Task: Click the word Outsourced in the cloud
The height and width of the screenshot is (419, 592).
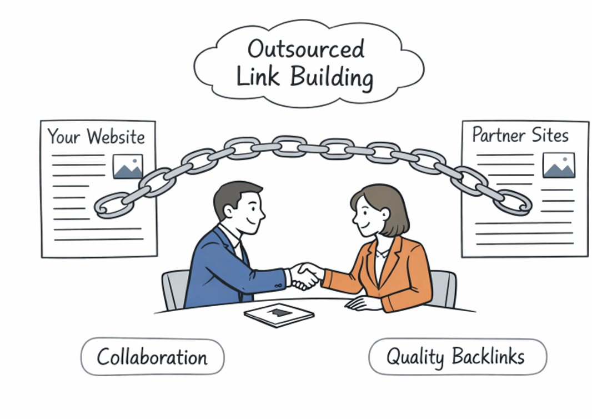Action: coord(306,49)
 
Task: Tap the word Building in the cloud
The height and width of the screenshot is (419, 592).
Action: coord(332,77)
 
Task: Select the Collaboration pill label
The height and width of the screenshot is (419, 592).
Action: coord(153,357)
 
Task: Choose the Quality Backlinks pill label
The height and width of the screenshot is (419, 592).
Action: coord(458,357)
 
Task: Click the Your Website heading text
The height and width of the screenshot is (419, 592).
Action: coord(96,136)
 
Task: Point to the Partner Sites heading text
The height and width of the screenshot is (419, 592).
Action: coord(520,135)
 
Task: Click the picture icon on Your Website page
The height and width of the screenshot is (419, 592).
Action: coord(128,166)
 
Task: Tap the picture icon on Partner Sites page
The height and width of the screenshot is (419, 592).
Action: coord(559,165)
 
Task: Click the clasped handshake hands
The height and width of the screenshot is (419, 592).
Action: coord(306,276)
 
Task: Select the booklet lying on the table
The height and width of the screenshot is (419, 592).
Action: coord(279,315)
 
